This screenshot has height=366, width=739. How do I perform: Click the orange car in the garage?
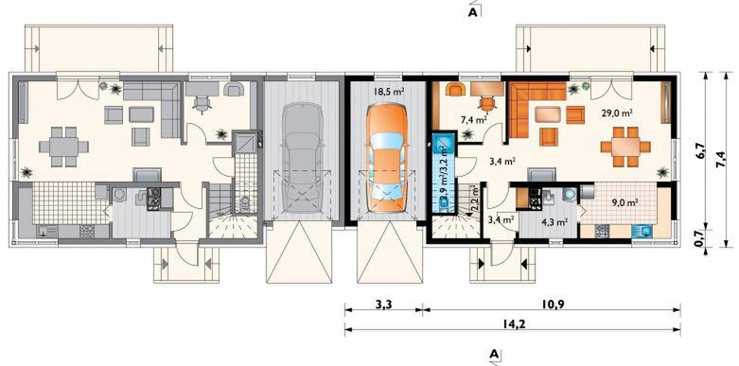(386, 158)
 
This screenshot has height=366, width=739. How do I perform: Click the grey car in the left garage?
(300, 158)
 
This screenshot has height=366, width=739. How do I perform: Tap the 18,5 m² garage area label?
(389, 92)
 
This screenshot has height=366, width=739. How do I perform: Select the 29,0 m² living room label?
(616, 113)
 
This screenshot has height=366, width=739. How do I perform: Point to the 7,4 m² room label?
(474, 120)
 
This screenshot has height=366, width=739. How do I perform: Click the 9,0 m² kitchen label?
(625, 203)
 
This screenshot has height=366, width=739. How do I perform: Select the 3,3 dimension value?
(383, 304)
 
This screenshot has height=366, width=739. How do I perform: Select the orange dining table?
(625, 147)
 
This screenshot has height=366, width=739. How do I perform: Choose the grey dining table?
(63, 147)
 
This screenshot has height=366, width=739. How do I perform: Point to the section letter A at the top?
(473, 13)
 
